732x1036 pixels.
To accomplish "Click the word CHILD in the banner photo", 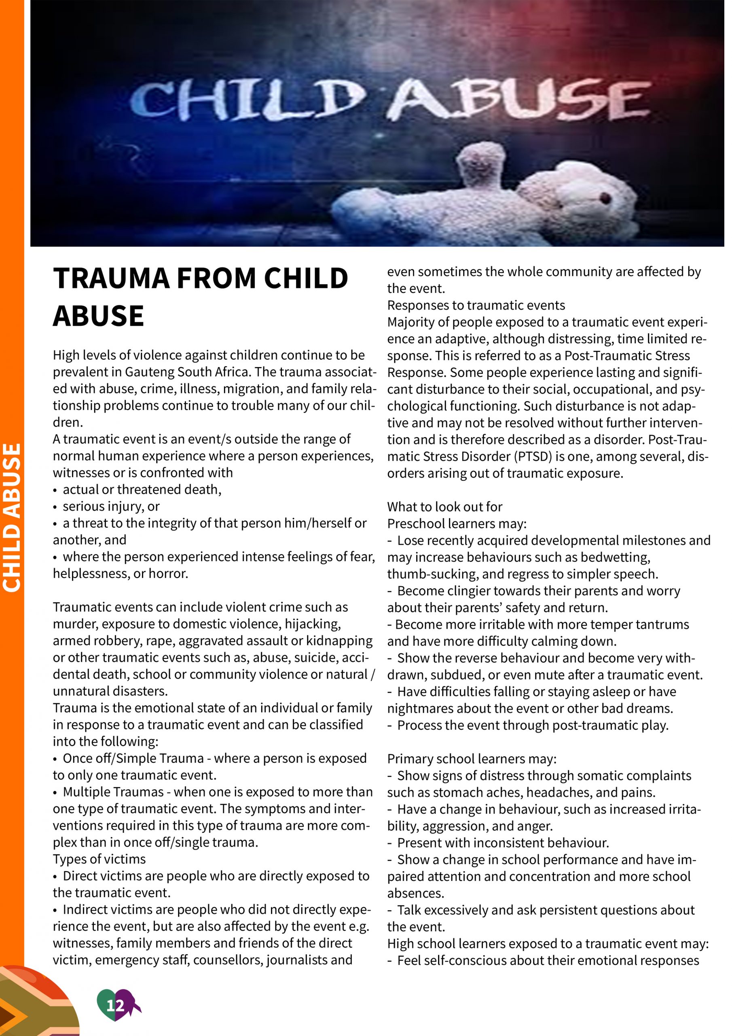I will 247,100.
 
